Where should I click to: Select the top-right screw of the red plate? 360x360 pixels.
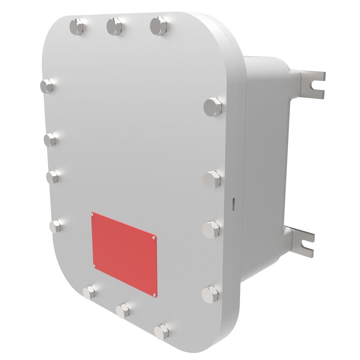pyautogui.click(x=154, y=238)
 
